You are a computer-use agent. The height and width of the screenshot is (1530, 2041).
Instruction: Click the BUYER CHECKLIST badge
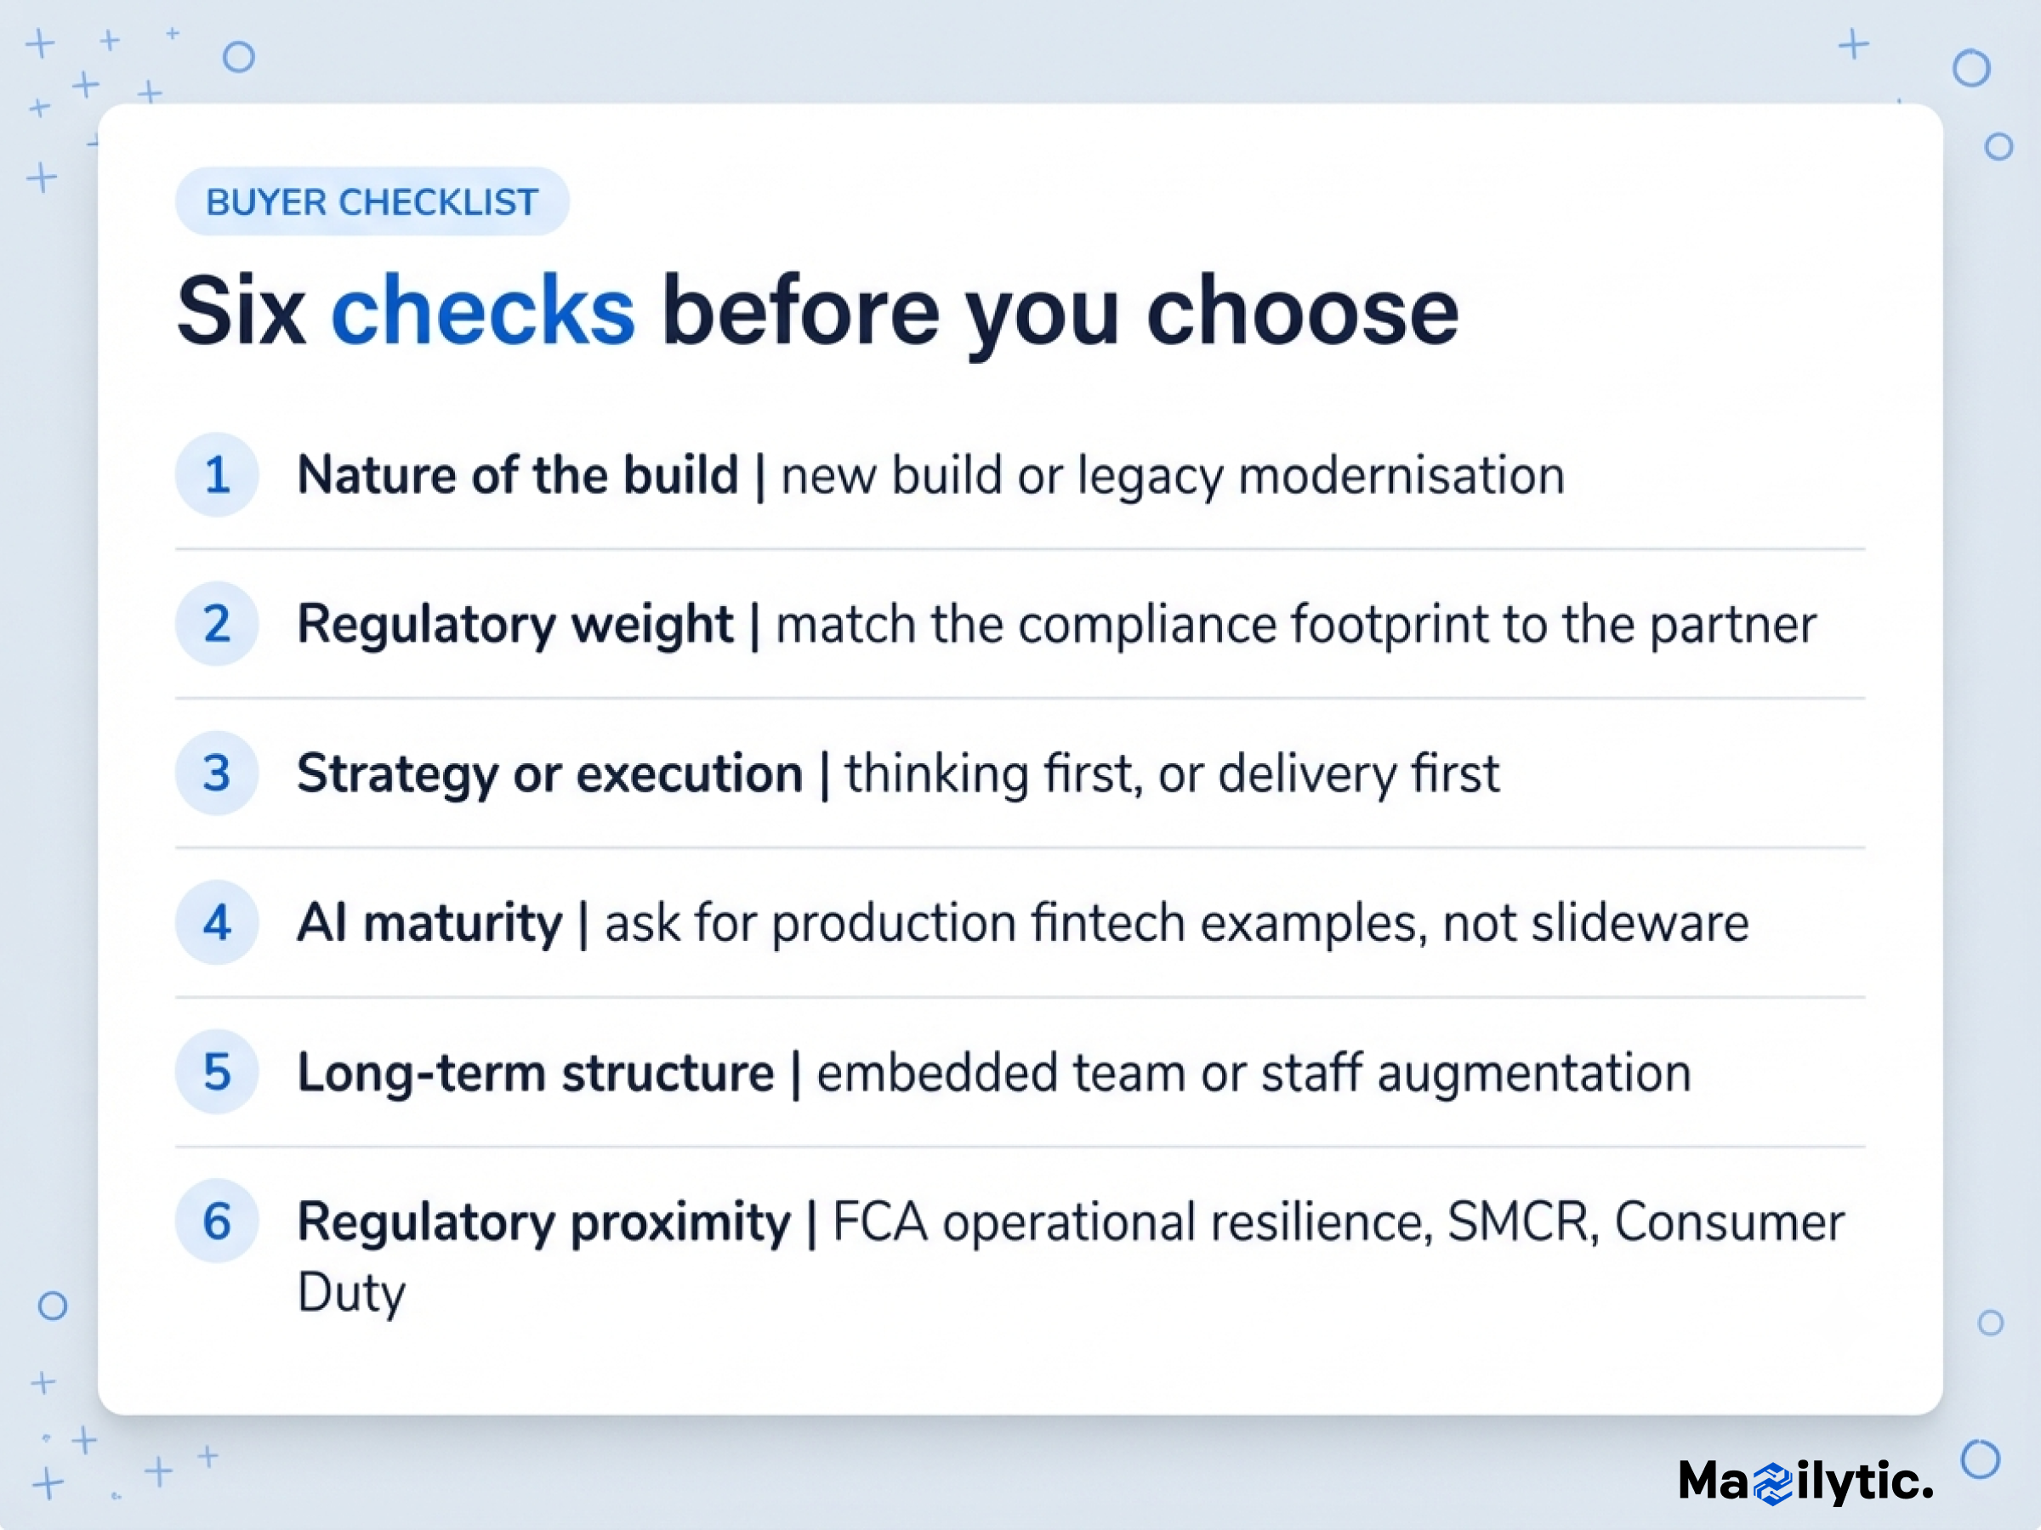coord(372,201)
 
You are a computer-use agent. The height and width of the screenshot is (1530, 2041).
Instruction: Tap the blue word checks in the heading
coord(482,311)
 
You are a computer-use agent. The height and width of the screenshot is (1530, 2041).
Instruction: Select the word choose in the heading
coord(1302,311)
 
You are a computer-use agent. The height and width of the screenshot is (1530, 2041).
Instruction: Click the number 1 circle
coord(217,475)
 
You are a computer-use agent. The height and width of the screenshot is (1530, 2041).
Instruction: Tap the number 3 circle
coord(217,773)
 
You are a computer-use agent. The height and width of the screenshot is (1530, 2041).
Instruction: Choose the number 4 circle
coord(217,922)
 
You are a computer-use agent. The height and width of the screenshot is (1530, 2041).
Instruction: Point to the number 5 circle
coord(217,1072)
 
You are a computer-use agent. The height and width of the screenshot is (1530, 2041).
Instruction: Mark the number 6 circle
coord(217,1221)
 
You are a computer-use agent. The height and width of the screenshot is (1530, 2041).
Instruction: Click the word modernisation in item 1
coord(1401,476)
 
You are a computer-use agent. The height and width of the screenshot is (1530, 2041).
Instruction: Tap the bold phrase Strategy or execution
coord(550,773)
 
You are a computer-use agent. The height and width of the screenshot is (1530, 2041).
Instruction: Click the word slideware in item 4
coord(1640,923)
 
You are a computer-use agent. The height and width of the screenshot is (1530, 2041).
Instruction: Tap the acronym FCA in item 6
coord(879,1222)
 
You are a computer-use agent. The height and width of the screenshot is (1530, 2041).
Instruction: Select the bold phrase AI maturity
coord(429,923)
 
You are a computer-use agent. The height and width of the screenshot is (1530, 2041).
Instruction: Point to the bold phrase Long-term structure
coord(535,1074)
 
